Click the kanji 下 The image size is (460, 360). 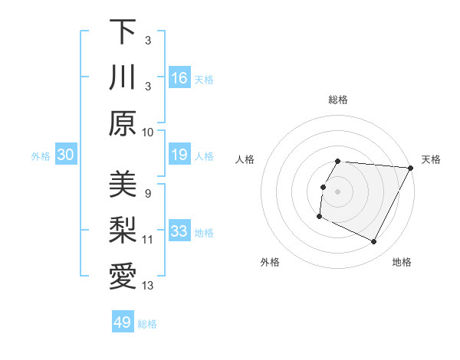click(123, 31)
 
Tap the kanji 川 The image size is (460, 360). click(123, 77)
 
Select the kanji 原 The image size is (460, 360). click(123, 123)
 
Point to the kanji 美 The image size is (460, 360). click(123, 185)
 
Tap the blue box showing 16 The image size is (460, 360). click(179, 78)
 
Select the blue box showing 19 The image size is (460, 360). click(179, 155)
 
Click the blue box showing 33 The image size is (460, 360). click(179, 232)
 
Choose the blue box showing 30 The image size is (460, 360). click(65, 155)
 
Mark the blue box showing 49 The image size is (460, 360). click(123, 322)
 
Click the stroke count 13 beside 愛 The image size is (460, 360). click(147, 286)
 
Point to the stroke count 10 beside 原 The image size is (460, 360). click(147, 132)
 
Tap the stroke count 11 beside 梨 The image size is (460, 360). click(147, 240)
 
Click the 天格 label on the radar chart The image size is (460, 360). click(431, 159)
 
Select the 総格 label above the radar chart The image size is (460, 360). click(338, 100)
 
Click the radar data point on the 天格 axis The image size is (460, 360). click(412, 168)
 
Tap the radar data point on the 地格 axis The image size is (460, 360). click(374, 242)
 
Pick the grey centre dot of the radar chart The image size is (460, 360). click(338, 191)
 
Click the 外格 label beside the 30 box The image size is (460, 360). click(41, 156)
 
